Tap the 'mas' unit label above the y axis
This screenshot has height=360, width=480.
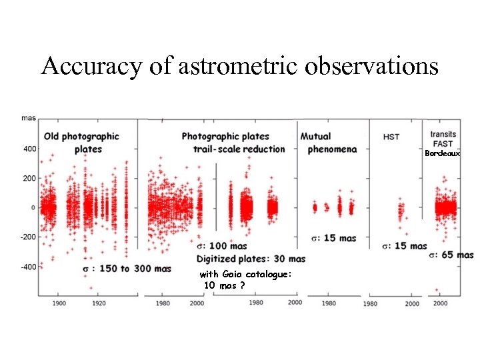tap(28, 118)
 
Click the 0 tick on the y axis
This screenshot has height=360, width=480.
tap(33, 208)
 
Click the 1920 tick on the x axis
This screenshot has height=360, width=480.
tap(98, 302)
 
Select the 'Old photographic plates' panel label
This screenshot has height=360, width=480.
tap(81, 142)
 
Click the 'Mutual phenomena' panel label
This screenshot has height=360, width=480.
tap(331, 142)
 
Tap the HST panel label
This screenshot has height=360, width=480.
tap(392, 137)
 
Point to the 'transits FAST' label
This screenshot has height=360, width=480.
tap(443, 139)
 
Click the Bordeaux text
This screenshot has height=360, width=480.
tap(443, 153)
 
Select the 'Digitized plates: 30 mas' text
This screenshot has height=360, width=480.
tap(251, 259)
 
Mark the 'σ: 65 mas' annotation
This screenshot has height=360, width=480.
tap(451, 255)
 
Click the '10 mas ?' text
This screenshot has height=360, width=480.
tap(224, 285)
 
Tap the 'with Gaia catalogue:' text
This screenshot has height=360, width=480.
tap(245, 275)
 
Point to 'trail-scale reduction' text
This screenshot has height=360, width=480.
tap(239, 149)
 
